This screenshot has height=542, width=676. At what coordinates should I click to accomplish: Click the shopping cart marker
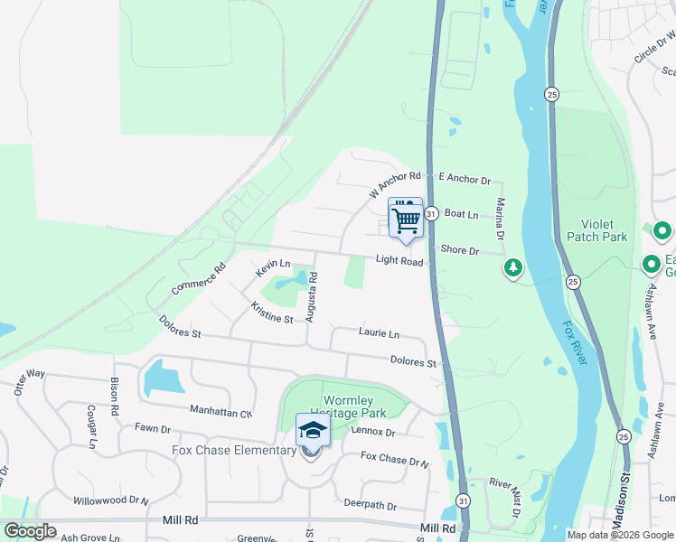(406, 218)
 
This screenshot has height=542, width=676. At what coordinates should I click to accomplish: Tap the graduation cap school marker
(312, 431)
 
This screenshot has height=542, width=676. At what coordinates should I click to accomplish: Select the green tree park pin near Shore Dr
(513, 268)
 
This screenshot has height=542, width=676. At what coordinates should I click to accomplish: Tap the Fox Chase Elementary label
(222, 450)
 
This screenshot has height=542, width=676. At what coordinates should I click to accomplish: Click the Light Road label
(399, 262)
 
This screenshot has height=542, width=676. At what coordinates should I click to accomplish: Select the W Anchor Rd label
(395, 185)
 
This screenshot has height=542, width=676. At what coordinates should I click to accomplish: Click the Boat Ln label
(461, 214)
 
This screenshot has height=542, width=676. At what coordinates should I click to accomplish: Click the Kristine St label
(272, 313)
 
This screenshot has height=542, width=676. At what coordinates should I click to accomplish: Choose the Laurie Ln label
(379, 333)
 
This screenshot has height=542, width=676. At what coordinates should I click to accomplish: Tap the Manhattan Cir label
(221, 411)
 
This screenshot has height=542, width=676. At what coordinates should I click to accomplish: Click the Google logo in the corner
(30, 531)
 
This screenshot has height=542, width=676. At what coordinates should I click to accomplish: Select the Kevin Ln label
(272, 267)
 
